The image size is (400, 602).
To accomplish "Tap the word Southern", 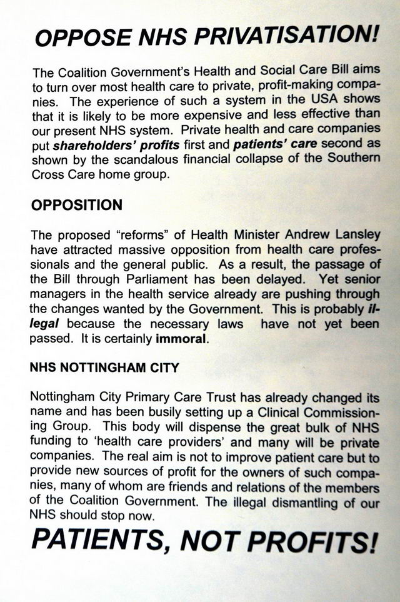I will [x=353, y=156].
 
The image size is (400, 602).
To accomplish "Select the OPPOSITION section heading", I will [x=76, y=205].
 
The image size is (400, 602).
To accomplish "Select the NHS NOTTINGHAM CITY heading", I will [x=104, y=368].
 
